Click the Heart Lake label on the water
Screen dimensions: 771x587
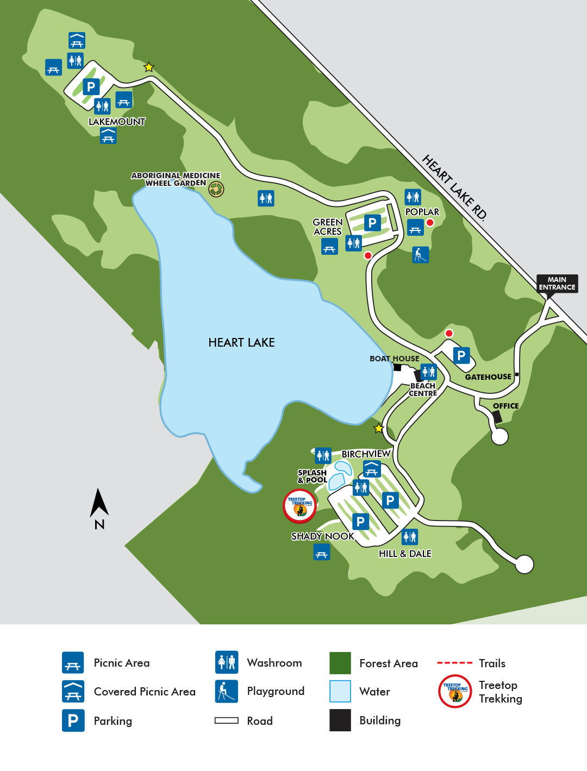tap(241, 342)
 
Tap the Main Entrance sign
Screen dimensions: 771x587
tap(557, 284)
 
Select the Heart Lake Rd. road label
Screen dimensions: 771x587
tap(454, 187)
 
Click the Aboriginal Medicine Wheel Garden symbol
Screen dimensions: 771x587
tap(216, 189)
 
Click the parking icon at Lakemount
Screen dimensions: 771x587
tap(91, 87)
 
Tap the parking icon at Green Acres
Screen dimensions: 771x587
tap(372, 223)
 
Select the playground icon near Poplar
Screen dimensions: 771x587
tap(420, 254)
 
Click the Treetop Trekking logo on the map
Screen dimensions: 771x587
tap(299, 506)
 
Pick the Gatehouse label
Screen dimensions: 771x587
tap(488, 377)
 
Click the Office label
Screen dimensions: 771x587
tap(505, 406)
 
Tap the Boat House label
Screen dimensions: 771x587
tap(394, 359)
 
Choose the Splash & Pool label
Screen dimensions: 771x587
tap(312, 477)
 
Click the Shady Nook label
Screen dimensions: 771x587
tap(322, 536)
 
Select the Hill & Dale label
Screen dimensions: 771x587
tap(405, 554)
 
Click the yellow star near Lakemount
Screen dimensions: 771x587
tap(148, 67)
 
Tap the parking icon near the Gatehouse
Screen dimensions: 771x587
tap(461, 355)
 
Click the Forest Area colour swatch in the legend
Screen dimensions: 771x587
tap(340, 663)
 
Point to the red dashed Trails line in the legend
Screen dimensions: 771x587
tap(454, 663)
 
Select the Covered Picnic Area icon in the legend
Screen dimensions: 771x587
tap(73, 691)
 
